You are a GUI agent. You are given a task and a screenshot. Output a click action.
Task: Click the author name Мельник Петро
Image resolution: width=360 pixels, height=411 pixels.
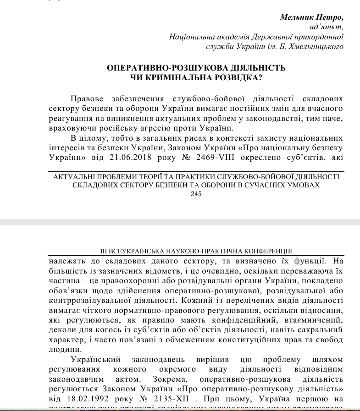point(312,17)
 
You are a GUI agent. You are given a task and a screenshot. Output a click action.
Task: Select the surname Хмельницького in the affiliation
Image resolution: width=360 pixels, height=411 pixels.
point(315,46)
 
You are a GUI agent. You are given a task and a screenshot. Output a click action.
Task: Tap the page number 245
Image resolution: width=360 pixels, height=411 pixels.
point(196,194)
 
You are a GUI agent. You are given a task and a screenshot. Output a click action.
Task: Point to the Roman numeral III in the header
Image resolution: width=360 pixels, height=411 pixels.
point(104,252)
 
